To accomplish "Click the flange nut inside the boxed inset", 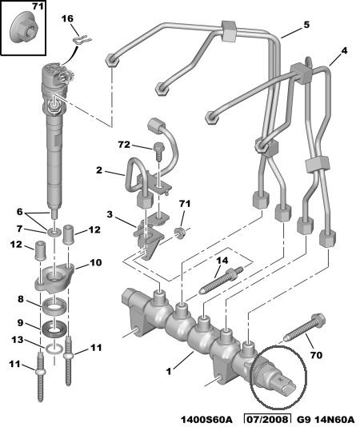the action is click(24, 29).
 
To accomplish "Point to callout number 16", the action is click(67, 18).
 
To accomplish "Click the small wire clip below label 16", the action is click(82, 40).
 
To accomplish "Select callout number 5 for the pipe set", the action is click(306, 25).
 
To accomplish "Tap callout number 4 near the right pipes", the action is click(344, 50).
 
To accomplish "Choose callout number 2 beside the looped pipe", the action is click(99, 170).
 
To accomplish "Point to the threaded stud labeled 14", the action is click(222, 280).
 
